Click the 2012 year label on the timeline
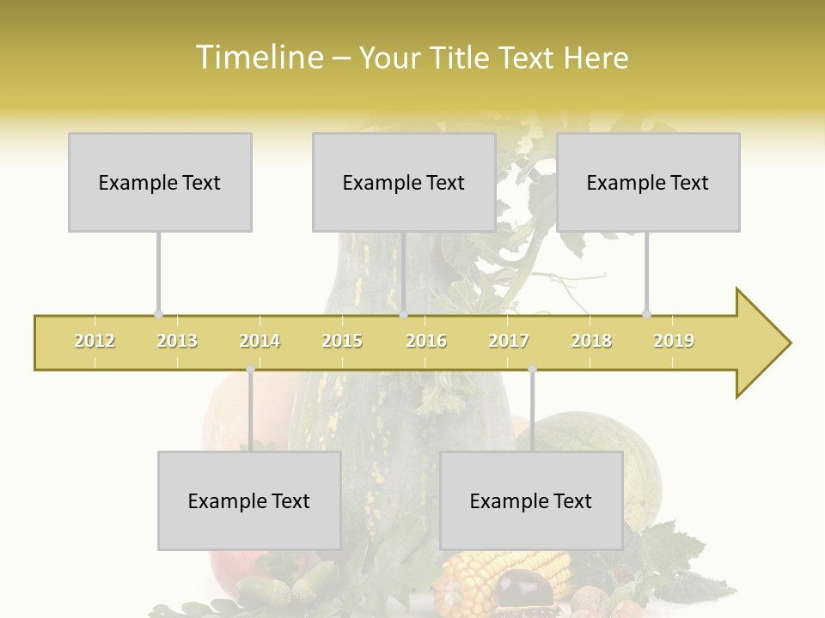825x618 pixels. pyautogui.click(x=95, y=341)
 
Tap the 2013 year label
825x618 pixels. pyautogui.click(x=177, y=341)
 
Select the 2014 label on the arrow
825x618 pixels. pyautogui.click(x=260, y=341)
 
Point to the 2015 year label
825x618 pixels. pyautogui.click(x=342, y=341)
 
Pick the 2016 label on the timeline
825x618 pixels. pyautogui.click(x=426, y=341)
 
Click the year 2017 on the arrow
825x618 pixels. pyautogui.click(x=509, y=341)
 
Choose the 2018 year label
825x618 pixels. pyautogui.click(x=591, y=341)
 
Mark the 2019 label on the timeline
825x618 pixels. pyautogui.click(x=674, y=341)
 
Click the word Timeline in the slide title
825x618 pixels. pyautogui.click(x=257, y=58)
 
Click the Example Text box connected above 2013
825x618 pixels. pyautogui.click(x=160, y=182)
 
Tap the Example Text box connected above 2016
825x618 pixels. pyautogui.click(x=404, y=182)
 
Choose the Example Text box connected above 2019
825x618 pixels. pyautogui.click(x=648, y=182)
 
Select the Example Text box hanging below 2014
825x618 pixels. pyautogui.click(x=249, y=500)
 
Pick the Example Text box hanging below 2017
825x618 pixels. pyautogui.click(x=531, y=500)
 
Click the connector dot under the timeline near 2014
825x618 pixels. pyautogui.click(x=250, y=369)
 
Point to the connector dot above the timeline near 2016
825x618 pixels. pyautogui.click(x=403, y=315)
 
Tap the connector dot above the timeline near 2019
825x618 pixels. pyautogui.click(x=647, y=315)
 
